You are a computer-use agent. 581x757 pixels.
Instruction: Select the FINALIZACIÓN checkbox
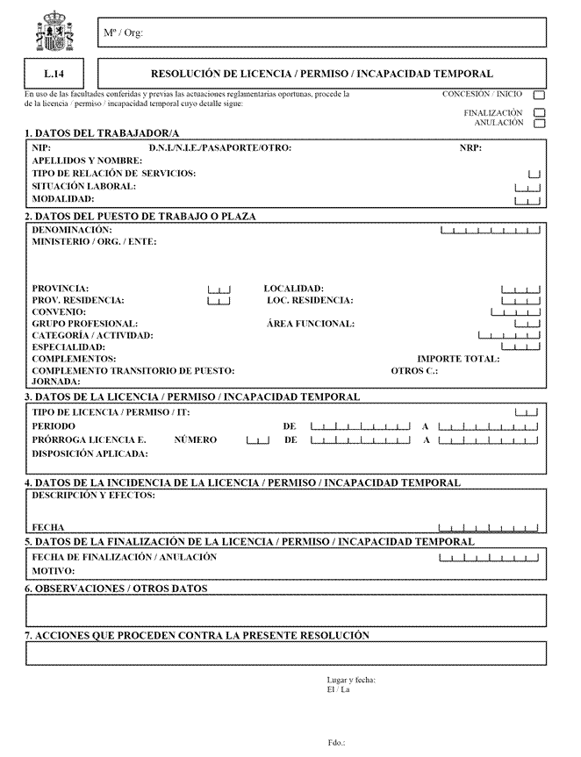point(539,113)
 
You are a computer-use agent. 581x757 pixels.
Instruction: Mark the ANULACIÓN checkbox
point(539,124)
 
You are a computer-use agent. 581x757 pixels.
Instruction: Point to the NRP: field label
point(470,147)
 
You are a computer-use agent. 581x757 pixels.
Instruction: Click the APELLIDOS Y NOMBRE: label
point(86,161)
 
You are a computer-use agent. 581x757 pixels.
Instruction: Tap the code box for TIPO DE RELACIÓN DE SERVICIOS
point(534,175)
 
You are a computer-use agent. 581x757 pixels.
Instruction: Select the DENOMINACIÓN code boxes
point(489,232)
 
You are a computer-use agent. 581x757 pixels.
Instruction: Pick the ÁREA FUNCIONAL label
point(310,324)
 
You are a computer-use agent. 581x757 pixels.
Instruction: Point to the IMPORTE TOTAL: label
point(458,359)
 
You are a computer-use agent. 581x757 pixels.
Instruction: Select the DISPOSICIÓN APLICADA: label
point(90,453)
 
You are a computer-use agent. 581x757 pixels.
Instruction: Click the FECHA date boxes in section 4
point(489,529)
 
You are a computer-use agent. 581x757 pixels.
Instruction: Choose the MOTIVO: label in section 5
point(53,570)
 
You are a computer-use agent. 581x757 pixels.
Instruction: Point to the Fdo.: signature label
point(336,742)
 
